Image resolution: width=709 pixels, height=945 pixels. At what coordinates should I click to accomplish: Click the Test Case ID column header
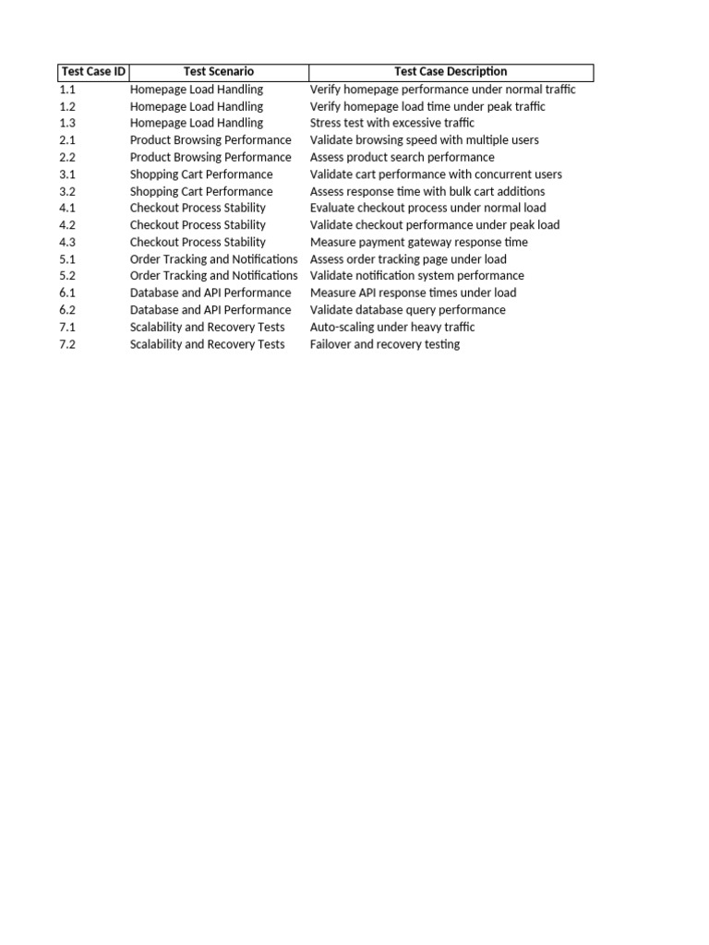[x=93, y=72]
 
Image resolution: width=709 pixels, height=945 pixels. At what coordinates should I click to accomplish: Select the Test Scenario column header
[x=219, y=72]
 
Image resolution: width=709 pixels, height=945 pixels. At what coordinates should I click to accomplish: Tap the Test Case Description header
[x=451, y=72]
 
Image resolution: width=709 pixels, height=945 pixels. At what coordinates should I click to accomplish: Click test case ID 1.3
[x=67, y=124]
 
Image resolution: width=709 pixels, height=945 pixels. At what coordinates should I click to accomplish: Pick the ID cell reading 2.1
[x=67, y=140]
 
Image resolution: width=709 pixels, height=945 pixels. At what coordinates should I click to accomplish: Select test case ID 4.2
[x=67, y=225]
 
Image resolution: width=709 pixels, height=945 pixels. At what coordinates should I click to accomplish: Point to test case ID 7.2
[x=67, y=345]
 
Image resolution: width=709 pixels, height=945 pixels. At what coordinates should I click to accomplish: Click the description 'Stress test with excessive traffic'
[x=392, y=124]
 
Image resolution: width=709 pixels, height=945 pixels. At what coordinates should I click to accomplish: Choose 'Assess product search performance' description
[x=402, y=158]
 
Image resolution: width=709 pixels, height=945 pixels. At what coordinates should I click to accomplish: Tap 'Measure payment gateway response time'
[x=419, y=243]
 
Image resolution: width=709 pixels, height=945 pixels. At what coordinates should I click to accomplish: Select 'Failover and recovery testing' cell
[x=384, y=345]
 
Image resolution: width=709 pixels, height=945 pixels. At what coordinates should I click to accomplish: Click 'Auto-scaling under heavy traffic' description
[x=392, y=328]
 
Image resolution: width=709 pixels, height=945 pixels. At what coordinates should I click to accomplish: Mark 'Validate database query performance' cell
[x=407, y=311]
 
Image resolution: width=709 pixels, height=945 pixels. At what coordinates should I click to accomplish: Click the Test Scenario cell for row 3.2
[x=201, y=192]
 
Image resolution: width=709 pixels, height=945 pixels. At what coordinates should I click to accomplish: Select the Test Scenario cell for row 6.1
[x=210, y=293]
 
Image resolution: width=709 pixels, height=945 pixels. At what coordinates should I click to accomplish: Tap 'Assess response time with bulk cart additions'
[x=427, y=192]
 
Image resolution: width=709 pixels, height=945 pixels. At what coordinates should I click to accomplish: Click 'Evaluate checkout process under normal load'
[x=427, y=209]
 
